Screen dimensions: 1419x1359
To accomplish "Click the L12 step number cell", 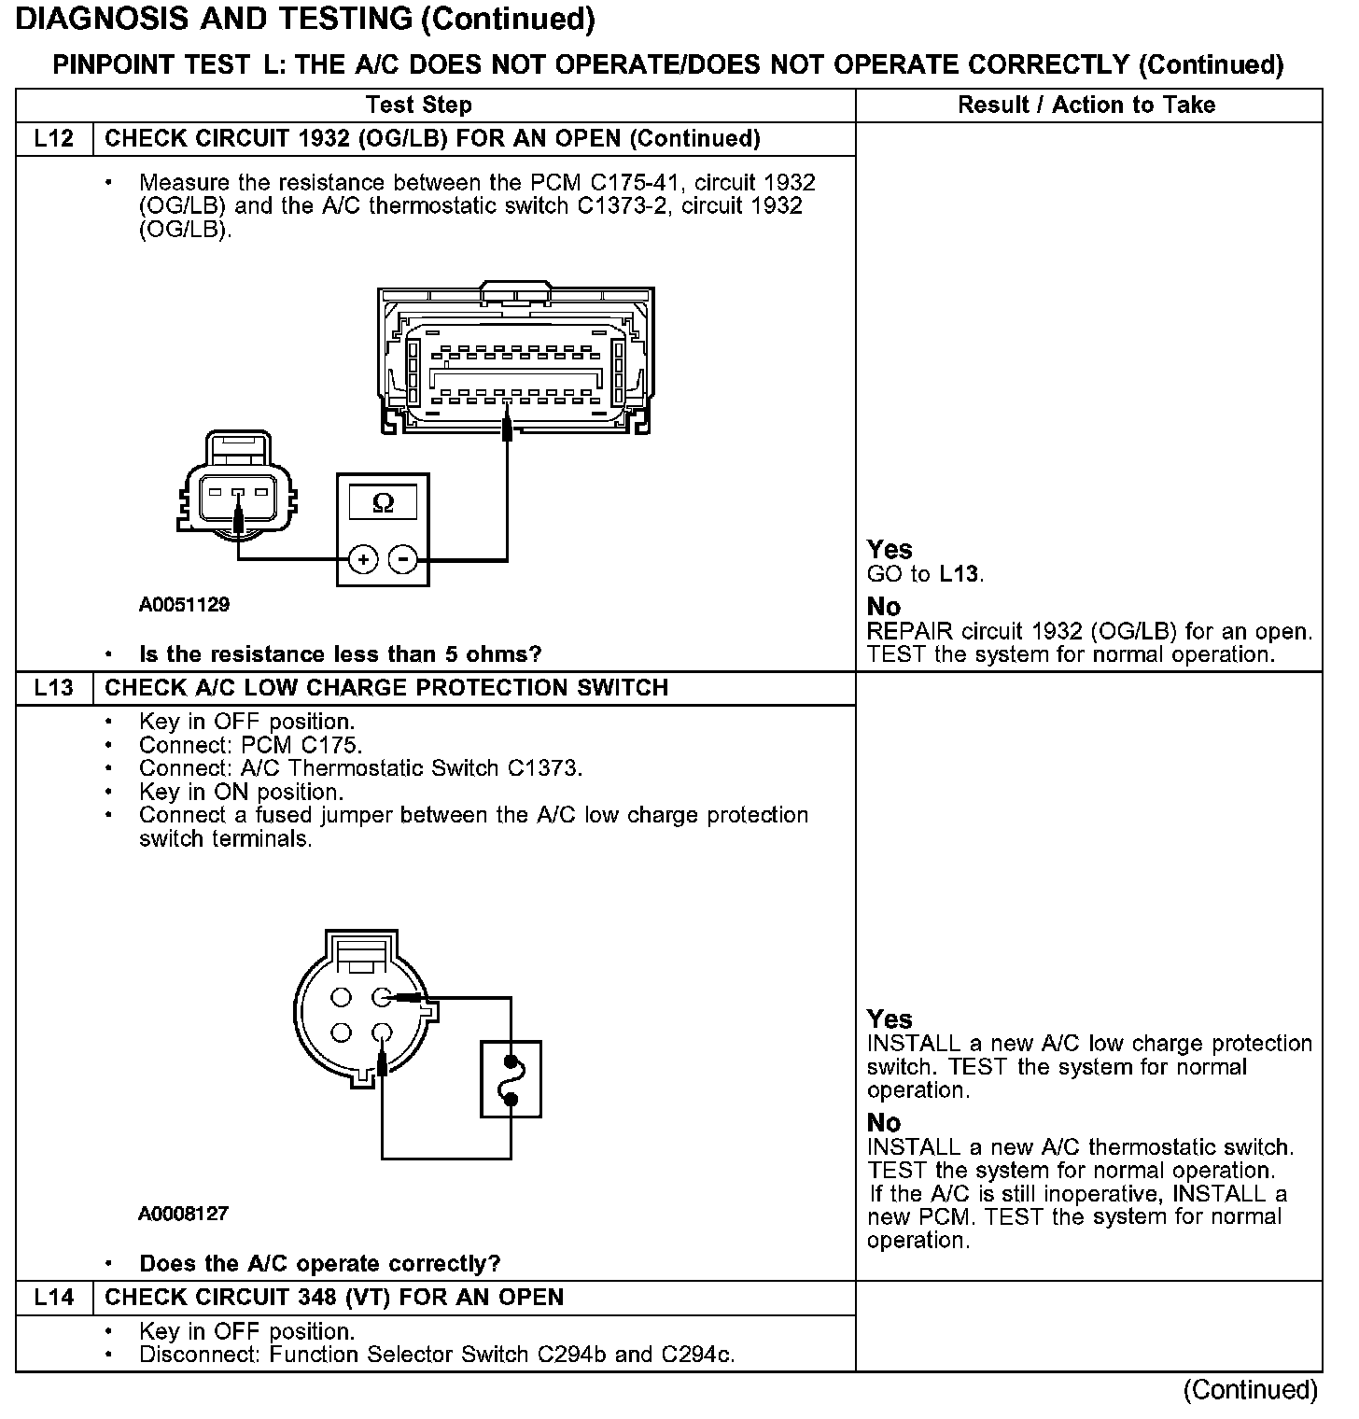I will (53, 139).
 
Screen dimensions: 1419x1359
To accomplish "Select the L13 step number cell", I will (53, 688).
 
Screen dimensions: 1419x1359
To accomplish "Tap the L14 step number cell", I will (53, 1298).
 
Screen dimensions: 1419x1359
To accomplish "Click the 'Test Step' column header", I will (419, 105).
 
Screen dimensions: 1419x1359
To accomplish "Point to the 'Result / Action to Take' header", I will (1086, 105).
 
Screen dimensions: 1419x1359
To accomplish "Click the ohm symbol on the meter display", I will (383, 504).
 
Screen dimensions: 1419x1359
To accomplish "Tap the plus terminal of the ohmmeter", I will (362, 559).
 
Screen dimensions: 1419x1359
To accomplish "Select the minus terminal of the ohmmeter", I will (403, 559).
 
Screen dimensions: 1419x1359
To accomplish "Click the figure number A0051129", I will (184, 604).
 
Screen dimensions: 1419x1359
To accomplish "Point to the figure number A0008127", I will (183, 1214).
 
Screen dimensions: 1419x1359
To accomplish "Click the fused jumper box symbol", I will (511, 1079).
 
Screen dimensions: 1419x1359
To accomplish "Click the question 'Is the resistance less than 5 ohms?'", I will (340, 654).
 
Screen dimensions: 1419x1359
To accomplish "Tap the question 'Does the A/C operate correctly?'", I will (319, 1264).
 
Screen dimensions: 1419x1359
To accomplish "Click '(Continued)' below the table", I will (1250, 1390).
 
